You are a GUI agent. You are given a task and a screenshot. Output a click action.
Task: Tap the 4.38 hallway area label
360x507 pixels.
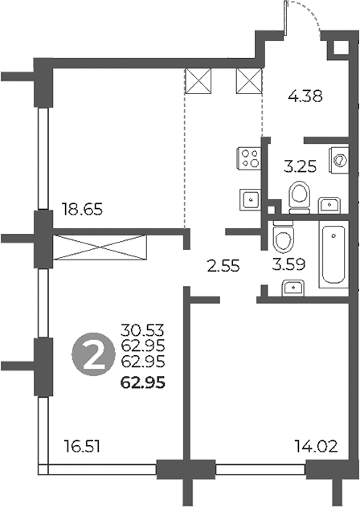pos(305,97)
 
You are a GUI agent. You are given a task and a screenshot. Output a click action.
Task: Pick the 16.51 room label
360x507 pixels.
pos(84,444)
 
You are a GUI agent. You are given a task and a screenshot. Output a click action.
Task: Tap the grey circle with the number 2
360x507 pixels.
pos(92,355)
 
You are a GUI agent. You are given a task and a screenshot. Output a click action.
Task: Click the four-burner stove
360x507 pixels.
pos(250,157)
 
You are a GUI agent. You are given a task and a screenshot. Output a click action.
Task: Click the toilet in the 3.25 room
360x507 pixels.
pos(299,194)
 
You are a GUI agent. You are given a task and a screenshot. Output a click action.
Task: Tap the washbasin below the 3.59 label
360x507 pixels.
pos(293,287)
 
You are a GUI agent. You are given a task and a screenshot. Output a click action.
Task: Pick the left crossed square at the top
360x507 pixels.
pos(197,81)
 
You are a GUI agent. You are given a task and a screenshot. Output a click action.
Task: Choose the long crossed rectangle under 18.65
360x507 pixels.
pos(100,247)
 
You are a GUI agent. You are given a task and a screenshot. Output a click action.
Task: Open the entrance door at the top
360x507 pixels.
pos(304,20)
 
